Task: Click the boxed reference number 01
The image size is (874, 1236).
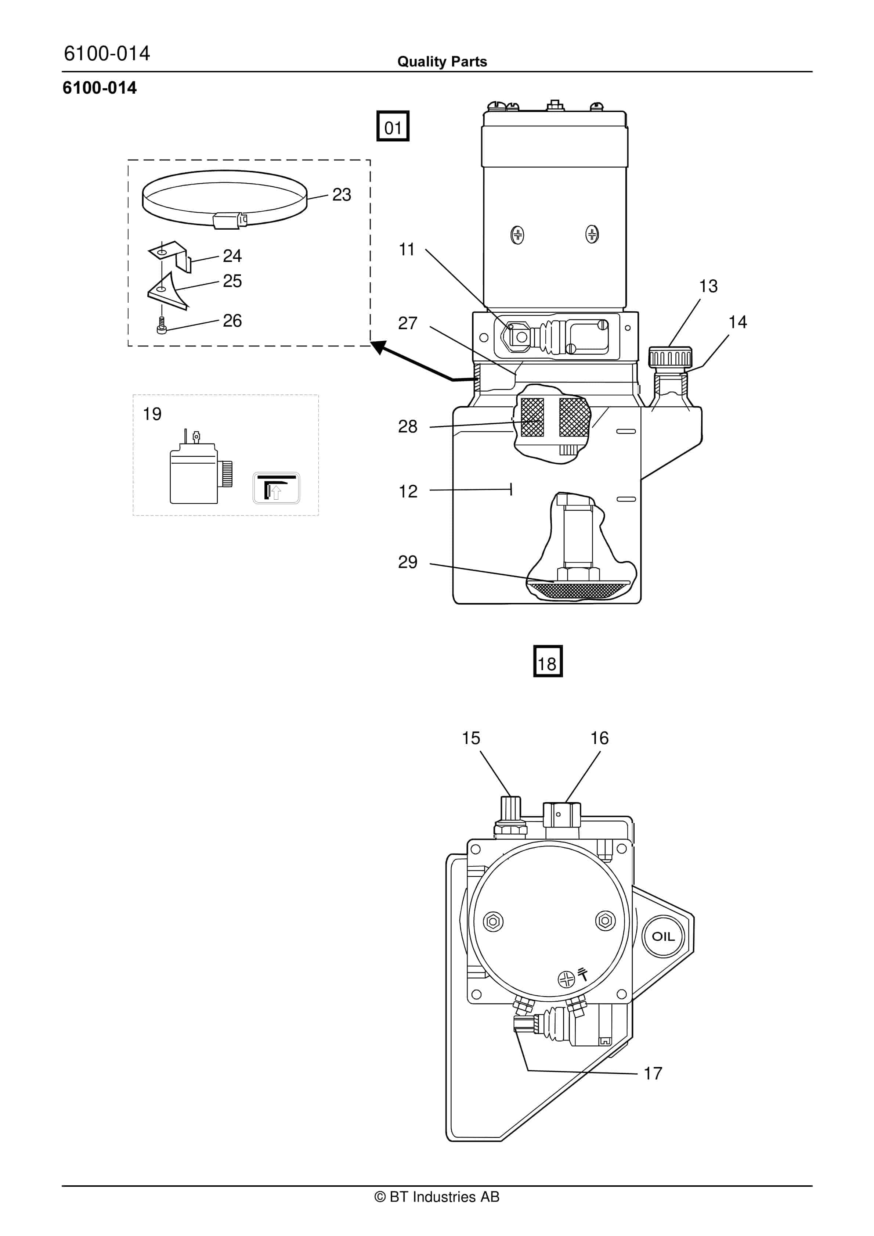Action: tap(393, 127)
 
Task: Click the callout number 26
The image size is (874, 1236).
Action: tap(232, 321)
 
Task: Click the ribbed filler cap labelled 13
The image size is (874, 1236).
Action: tap(670, 357)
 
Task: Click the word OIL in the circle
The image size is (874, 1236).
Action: tap(663, 936)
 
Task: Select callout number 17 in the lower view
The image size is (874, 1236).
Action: tap(653, 1073)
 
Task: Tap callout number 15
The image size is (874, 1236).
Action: tap(471, 738)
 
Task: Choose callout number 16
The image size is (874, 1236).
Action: tap(600, 738)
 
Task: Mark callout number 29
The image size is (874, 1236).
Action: tap(407, 562)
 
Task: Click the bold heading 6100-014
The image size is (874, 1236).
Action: tap(100, 88)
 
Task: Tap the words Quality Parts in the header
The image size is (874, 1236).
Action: tap(442, 62)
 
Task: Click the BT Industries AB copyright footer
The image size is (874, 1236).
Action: tap(437, 1197)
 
